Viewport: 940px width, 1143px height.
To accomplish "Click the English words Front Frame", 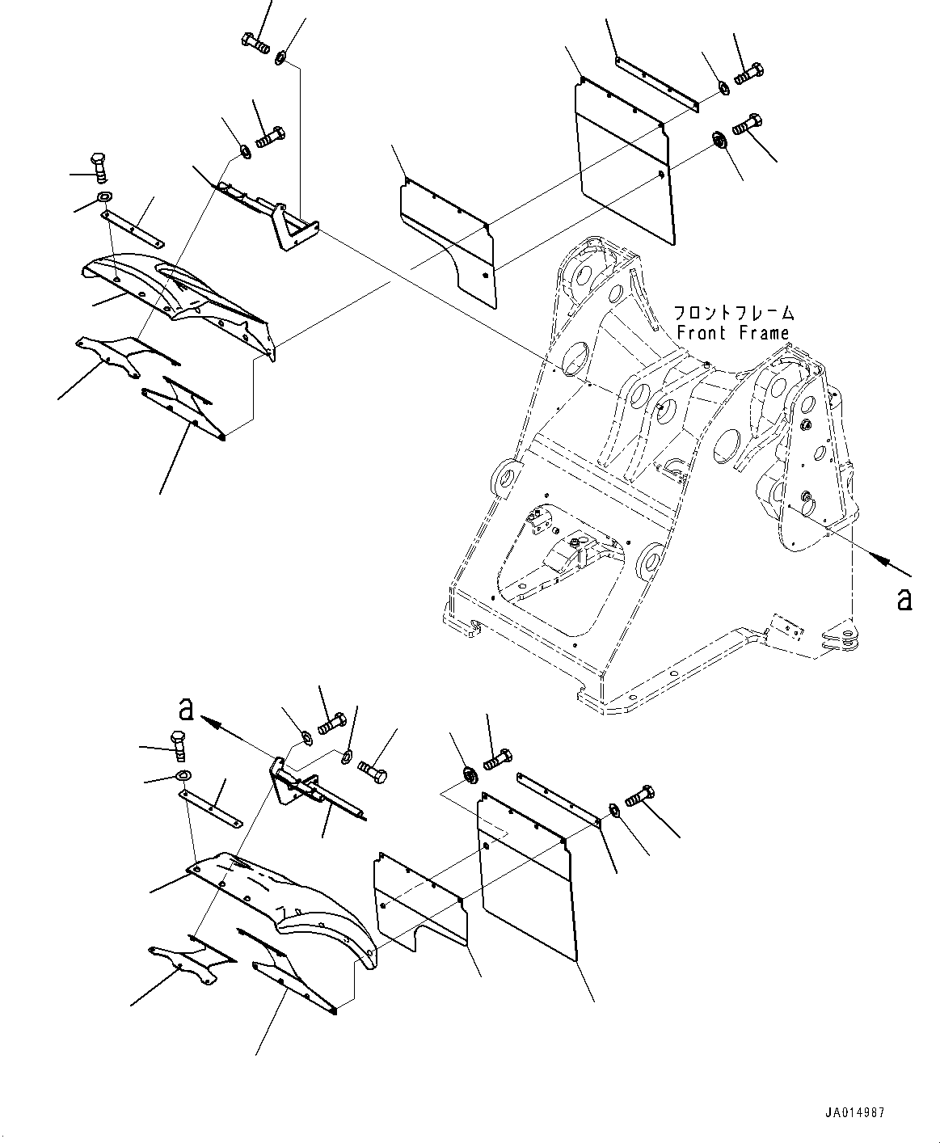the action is (733, 333).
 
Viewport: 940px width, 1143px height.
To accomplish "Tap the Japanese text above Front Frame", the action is (734, 313).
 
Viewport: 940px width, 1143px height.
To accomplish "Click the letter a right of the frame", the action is (904, 600).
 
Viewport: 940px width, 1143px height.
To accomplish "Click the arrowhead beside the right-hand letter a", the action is (883, 562).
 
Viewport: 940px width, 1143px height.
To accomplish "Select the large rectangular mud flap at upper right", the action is (624, 160).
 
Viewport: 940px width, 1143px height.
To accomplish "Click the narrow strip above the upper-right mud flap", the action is (656, 85).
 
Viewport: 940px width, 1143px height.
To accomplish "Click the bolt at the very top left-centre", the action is (255, 43).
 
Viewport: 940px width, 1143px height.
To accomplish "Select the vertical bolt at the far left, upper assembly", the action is (100, 168).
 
